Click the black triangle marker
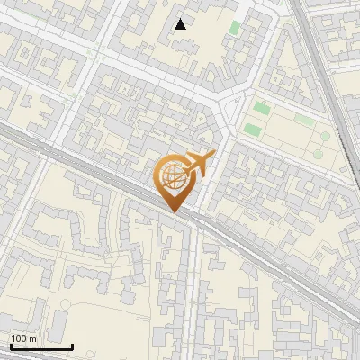click(181, 24)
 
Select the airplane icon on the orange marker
click(200, 164)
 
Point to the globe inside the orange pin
click(175, 177)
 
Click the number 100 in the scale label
click(20, 337)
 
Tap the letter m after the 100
click(32, 337)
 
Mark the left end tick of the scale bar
click(10, 346)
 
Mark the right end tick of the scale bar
click(72, 346)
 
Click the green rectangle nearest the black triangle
click(235, 28)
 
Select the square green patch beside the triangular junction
click(262, 109)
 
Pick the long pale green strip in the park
click(304, 119)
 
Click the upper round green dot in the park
click(324, 137)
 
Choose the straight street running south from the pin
click(191, 288)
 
